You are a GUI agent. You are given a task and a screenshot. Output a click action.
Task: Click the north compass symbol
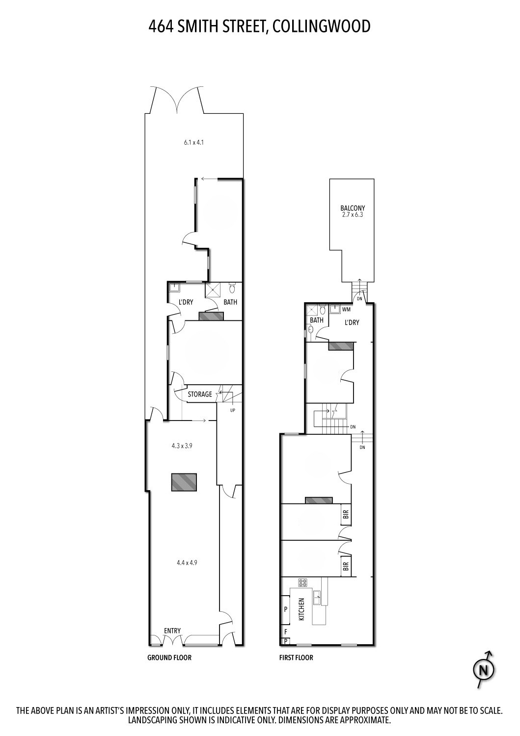484,669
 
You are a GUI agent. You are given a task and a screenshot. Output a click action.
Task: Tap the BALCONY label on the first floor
353,208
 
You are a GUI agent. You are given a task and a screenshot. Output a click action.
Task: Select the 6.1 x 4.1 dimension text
194,143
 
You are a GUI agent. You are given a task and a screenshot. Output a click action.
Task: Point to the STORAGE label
200,394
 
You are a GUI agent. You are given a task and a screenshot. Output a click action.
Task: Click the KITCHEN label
301,609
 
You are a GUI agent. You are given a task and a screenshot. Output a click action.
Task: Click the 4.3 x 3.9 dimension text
182,446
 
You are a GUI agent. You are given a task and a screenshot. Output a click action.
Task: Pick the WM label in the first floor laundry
346,309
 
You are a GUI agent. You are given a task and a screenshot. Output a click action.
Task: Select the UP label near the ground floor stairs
233,410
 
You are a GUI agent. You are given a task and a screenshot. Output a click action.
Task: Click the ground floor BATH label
230,302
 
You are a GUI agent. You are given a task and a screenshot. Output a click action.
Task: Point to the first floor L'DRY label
352,322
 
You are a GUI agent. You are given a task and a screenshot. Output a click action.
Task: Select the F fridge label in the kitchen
285,631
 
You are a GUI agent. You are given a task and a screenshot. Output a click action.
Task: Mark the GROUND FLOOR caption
169,657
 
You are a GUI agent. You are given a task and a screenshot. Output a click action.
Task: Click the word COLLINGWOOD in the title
321,26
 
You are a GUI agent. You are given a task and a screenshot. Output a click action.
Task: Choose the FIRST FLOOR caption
296,657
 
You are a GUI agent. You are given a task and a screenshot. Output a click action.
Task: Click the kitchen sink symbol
318,597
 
